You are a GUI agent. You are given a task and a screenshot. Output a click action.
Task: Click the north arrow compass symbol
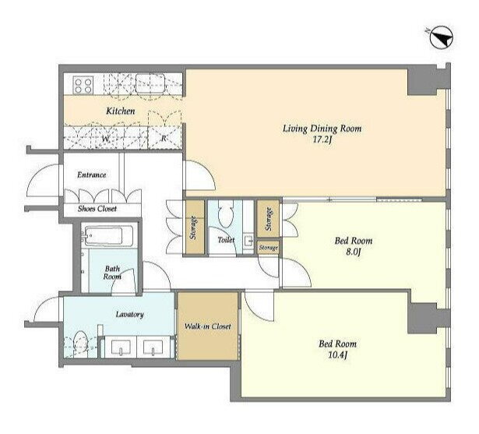[x=442, y=38]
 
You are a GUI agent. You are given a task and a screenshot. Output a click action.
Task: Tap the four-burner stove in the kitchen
[x=83, y=85]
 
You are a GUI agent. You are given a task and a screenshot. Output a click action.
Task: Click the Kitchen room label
[x=121, y=111]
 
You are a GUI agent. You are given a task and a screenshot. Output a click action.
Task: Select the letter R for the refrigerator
[x=164, y=139]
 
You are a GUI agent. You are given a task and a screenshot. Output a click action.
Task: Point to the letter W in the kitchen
[x=106, y=139]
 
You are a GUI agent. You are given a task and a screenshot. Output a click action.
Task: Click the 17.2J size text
[x=322, y=140]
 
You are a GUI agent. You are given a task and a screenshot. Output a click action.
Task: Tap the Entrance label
[x=92, y=175]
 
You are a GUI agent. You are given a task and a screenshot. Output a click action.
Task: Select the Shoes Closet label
[x=97, y=209]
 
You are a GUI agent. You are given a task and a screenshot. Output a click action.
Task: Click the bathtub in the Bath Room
[x=109, y=236]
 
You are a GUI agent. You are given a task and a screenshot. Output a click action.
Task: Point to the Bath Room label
[x=112, y=273]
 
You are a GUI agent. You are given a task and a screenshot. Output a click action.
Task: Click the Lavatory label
[x=130, y=315]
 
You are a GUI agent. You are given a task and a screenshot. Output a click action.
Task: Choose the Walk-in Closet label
[x=208, y=326]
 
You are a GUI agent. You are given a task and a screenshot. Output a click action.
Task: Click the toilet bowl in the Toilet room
[x=226, y=215]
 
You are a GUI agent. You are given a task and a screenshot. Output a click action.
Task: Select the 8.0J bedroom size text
[x=354, y=253]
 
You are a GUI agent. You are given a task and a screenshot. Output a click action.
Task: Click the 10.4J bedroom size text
[x=337, y=356]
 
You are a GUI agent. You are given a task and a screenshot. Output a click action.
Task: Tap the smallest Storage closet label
[x=268, y=248]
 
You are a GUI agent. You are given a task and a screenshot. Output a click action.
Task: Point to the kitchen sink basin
[x=150, y=83]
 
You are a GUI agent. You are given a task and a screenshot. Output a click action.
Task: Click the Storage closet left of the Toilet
[x=195, y=228]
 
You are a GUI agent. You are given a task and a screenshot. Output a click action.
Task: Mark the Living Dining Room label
[x=322, y=129]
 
